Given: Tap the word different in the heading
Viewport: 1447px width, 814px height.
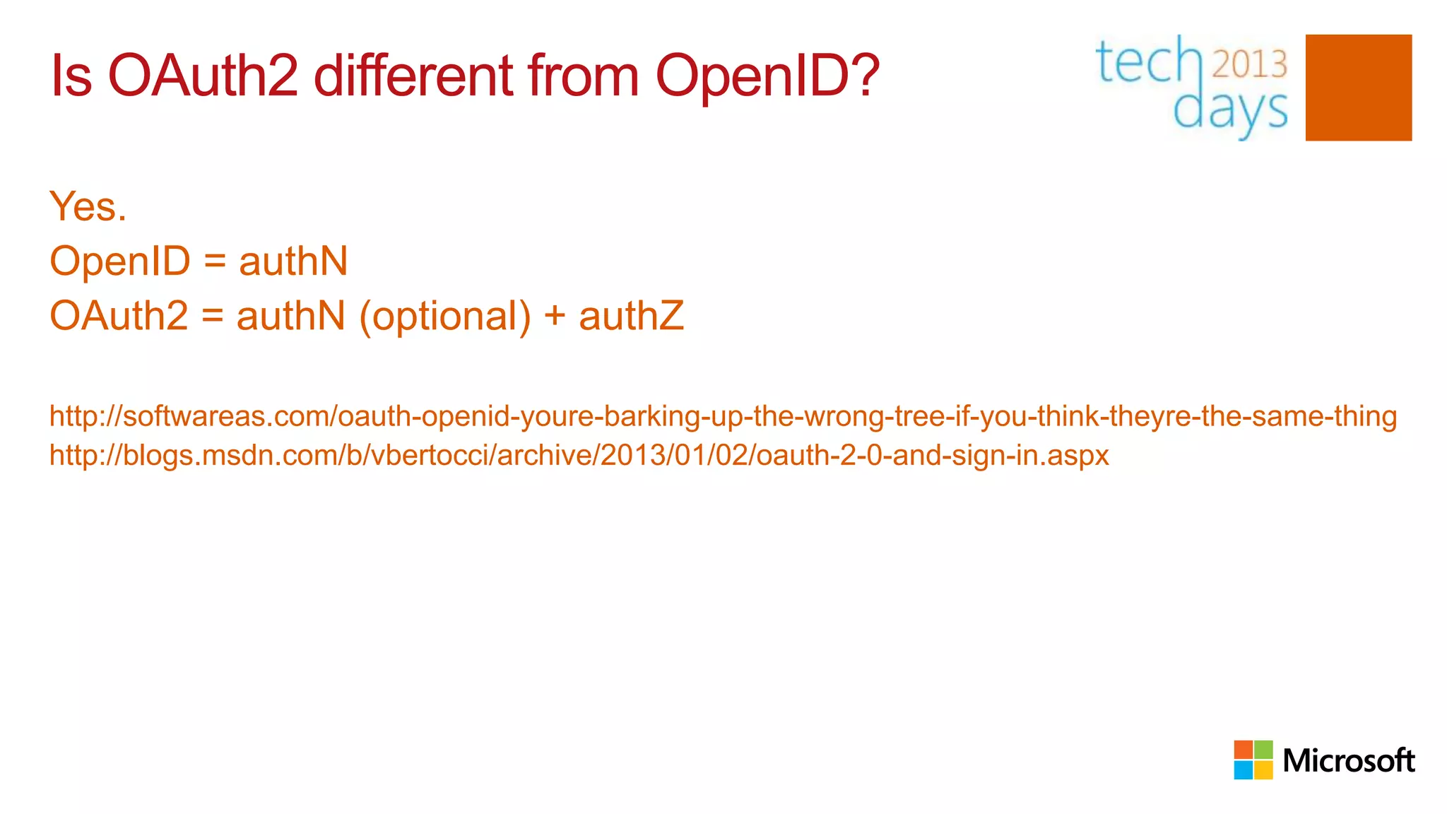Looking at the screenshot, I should point(413,76).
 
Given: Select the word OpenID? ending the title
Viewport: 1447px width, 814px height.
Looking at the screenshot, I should point(767,77).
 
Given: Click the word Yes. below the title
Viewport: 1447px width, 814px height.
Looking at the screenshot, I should point(88,206).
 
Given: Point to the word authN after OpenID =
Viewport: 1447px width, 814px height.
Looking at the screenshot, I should point(293,261).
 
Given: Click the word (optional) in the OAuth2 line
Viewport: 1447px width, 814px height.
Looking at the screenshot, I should point(445,316).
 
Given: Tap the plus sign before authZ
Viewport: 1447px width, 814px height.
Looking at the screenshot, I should point(555,316).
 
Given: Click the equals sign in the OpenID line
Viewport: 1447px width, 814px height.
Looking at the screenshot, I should point(215,261).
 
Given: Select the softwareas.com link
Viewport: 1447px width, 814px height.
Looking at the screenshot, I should point(723,416).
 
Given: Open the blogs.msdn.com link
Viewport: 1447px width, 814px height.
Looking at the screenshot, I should point(579,455).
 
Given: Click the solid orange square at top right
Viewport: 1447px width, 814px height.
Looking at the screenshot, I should point(1358,88).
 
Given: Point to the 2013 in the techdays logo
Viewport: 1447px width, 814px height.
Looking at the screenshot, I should point(1250,64).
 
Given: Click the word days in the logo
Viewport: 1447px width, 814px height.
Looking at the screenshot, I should point(1230,111).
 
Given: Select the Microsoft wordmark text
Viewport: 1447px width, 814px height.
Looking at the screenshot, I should point(1348,760).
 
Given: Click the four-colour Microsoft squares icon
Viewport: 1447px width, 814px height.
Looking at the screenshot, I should point(1253,760).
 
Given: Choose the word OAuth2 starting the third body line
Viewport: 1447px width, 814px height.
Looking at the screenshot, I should point(119,316).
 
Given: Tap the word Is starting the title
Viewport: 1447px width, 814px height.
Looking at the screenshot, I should point(71,76).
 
